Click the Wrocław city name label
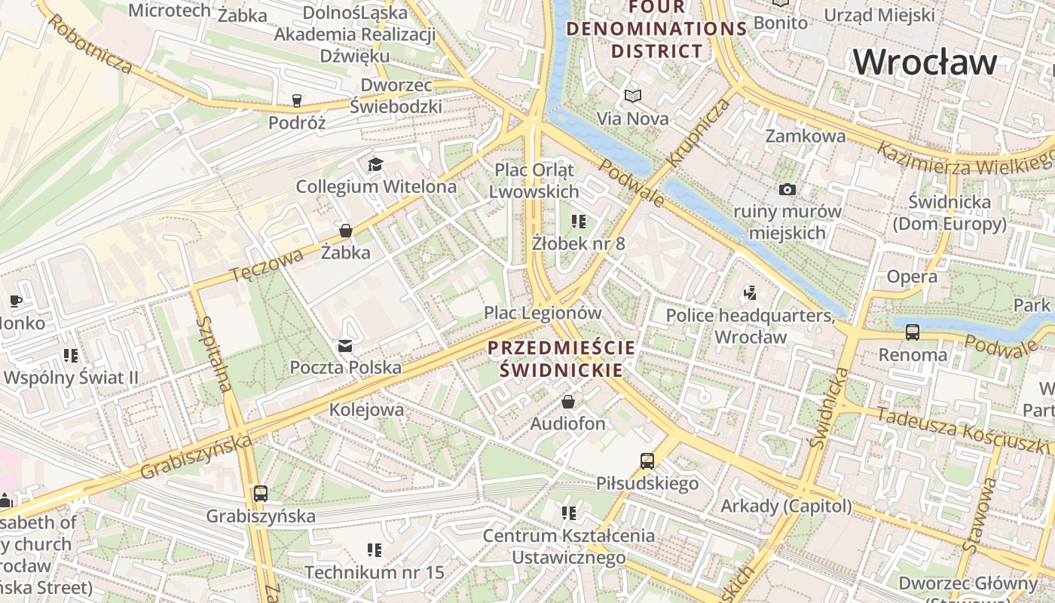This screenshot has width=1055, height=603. point(925,61)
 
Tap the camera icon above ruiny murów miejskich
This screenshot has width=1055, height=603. point(787,189)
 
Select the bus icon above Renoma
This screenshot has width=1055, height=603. point(913,332)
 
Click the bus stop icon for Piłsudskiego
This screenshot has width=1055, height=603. point(647,461)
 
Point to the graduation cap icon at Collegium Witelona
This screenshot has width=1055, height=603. point(375,164)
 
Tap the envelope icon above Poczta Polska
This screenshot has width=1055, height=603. point(345,346)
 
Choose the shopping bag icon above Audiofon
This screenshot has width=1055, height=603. point(568,402)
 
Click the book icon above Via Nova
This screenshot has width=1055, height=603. point(633,96)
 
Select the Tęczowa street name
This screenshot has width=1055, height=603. point(266,265)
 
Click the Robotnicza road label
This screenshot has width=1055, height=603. point(92,43)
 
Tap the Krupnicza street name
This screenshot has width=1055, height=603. point(698,132)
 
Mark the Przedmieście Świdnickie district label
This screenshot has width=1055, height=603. point(561,359)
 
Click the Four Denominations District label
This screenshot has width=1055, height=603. point(656,29)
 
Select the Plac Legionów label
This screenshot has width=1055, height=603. point(543,312)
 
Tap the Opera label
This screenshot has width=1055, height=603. point(912,277)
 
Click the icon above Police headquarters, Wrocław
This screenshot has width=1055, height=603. point(749,292)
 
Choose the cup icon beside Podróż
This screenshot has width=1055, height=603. point(297,100)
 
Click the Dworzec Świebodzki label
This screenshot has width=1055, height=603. point(395,96)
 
